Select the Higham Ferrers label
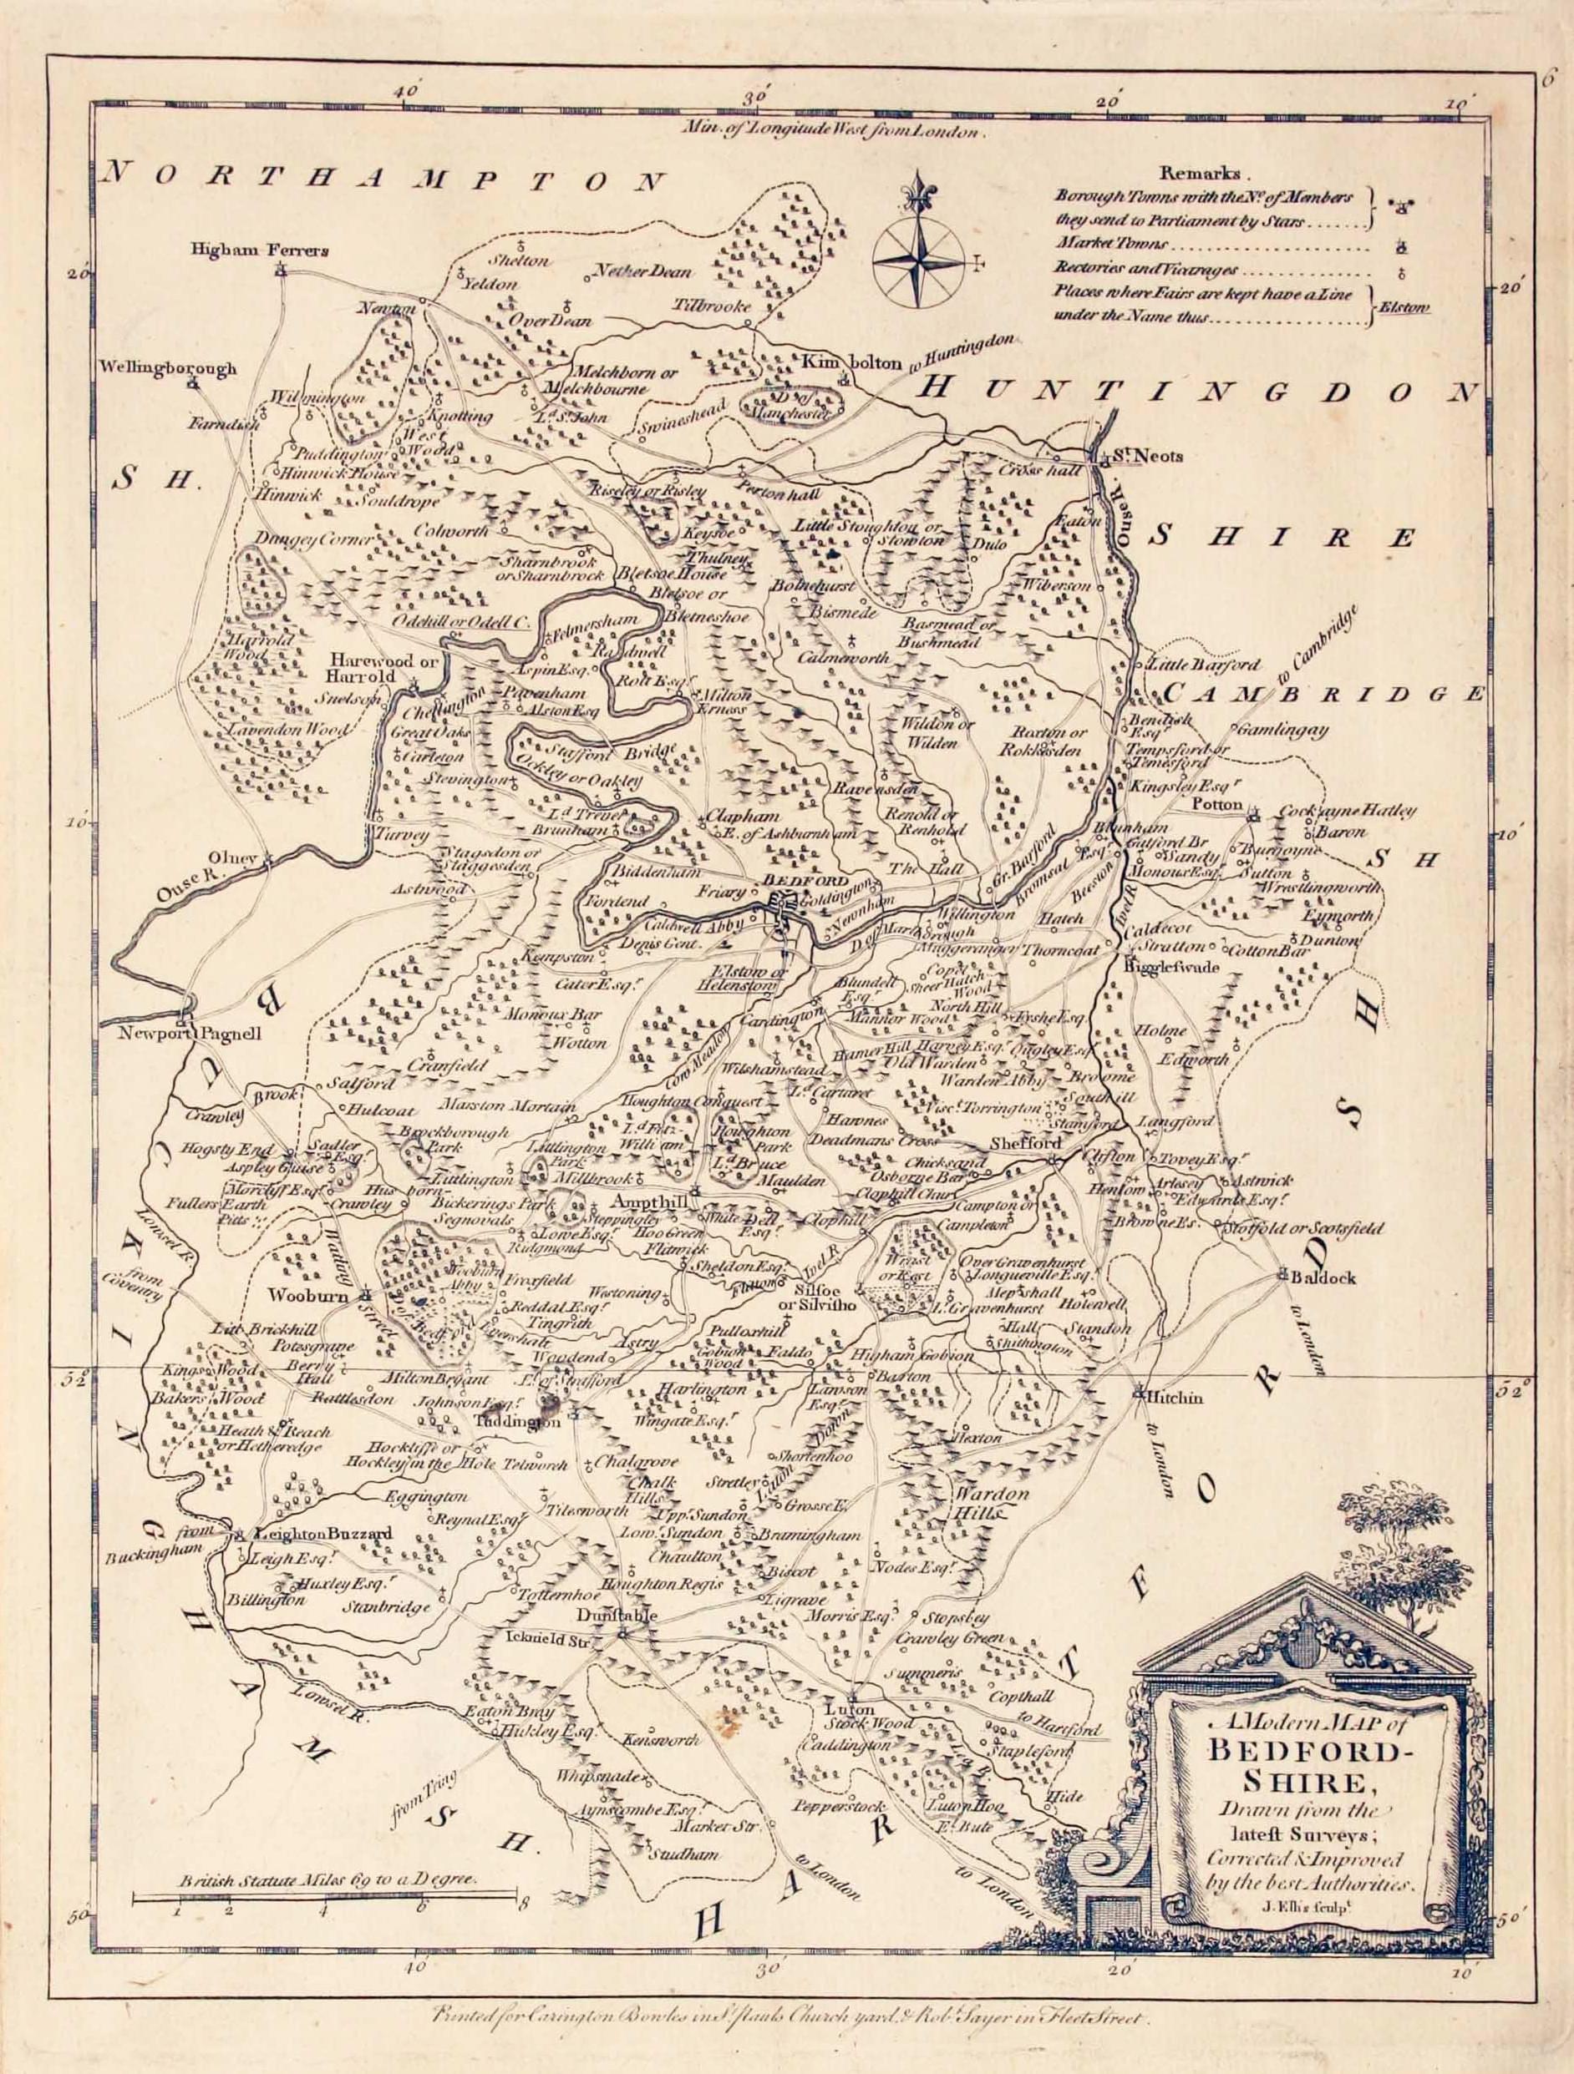260,250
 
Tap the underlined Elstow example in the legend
1404,307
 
